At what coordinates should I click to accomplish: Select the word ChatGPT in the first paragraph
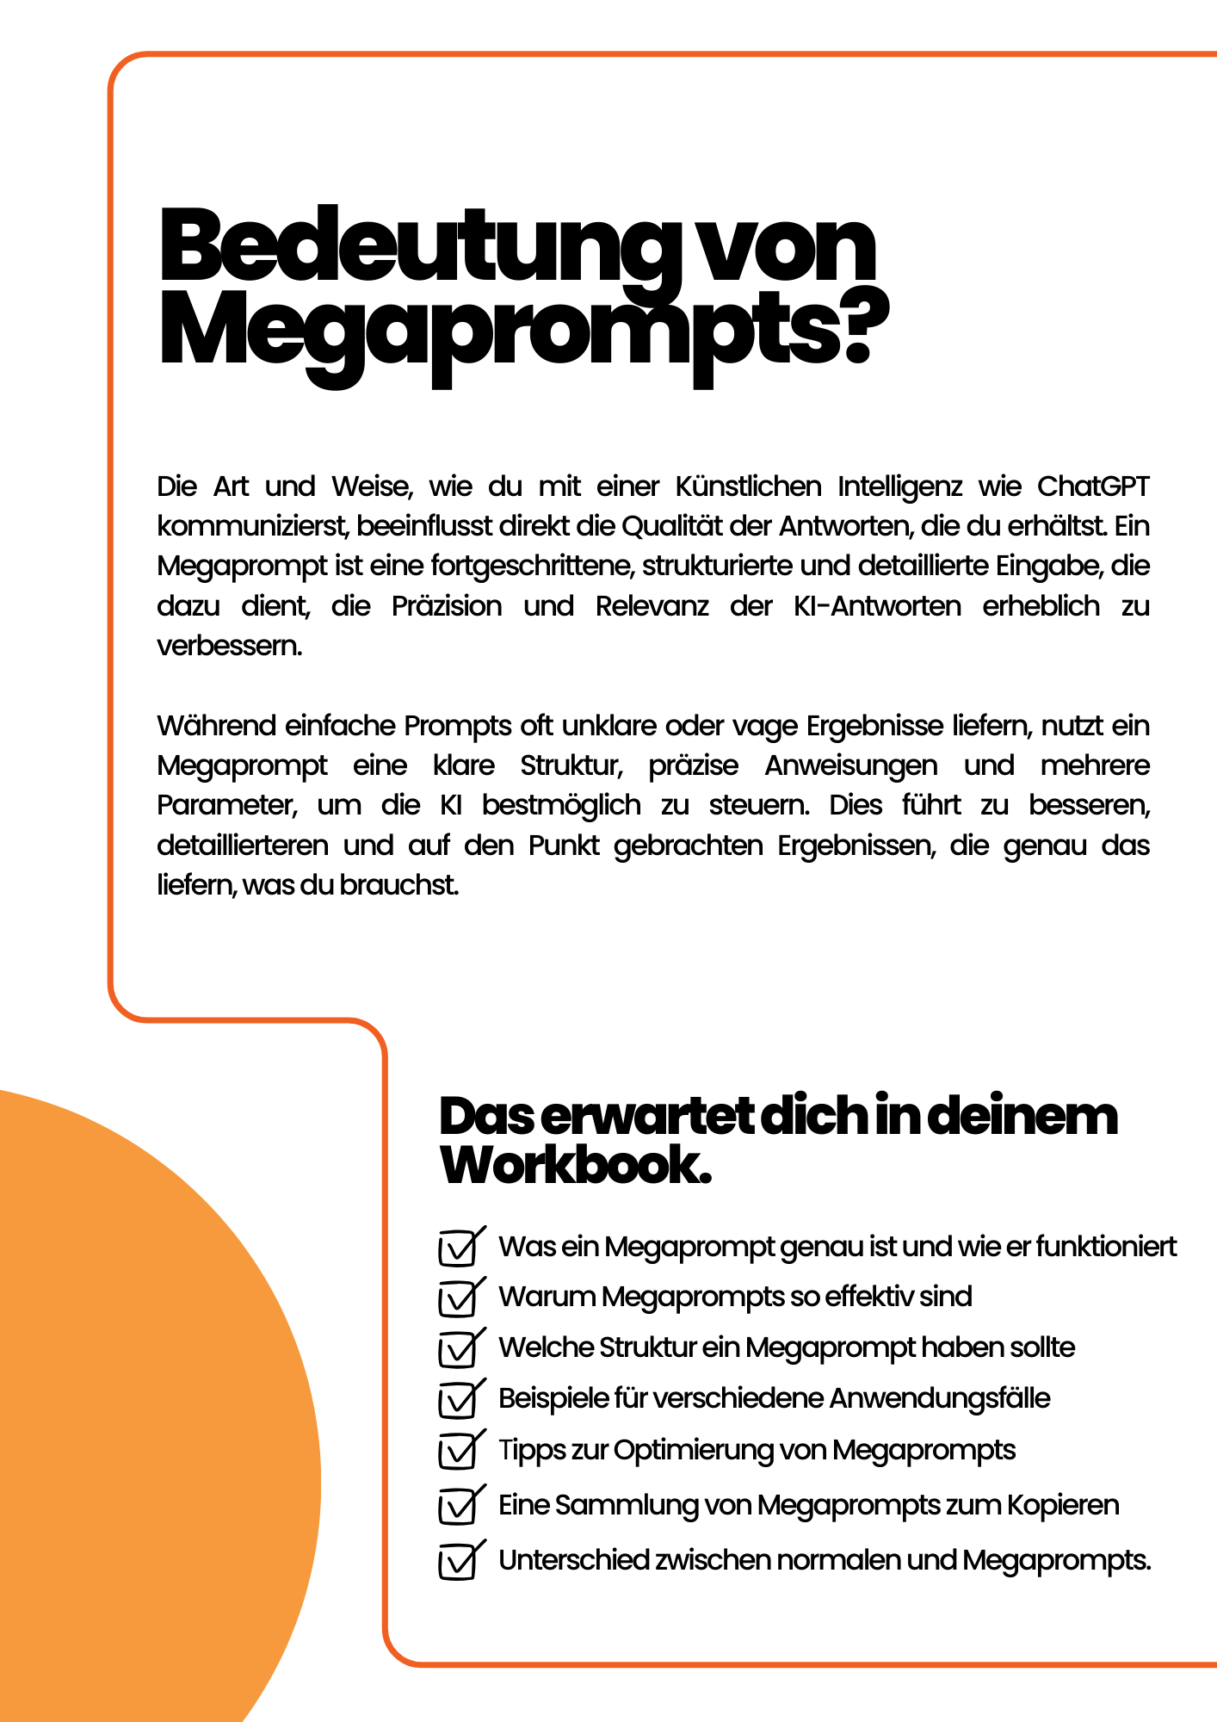[1093, 486]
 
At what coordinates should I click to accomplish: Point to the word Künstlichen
[748, 486]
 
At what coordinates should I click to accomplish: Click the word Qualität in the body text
[671, 526]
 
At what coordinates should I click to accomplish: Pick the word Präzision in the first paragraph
[447, 606]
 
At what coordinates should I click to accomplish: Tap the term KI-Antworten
[877, 606]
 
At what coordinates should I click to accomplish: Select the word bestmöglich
[561, 805]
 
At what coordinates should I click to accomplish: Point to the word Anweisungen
[851, 765]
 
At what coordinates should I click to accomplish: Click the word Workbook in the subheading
[575, 1166]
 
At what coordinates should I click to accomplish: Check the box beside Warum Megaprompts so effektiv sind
[458, 1298]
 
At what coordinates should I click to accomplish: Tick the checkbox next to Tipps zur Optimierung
[458, 1452]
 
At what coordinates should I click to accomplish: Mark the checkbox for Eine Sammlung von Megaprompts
[458, 1507]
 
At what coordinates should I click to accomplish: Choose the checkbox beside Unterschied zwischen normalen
[458, 1562]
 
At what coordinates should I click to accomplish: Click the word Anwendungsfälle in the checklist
[940, 1398]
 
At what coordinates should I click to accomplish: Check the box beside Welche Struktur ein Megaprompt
[458, 1349]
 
